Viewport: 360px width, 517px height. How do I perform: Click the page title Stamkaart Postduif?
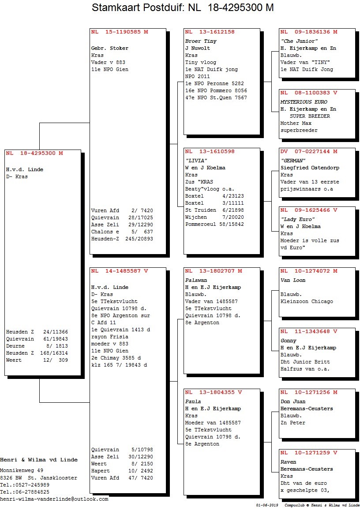pos(138,7)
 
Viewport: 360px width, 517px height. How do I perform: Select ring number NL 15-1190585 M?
pos(120,32)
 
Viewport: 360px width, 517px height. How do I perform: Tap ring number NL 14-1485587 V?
pos(120,271)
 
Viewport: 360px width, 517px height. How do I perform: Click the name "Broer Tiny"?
pos(201,41)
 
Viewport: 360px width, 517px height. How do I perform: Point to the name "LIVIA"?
pos(196,161)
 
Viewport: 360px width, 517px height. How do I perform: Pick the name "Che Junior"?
pos(299,41)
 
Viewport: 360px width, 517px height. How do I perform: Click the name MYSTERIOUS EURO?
pos(304,102)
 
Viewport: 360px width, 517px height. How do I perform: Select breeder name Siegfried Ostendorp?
pos(310,168)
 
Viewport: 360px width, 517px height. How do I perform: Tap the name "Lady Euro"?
pos(298,219)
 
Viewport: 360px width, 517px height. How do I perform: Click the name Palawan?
pos(196,280)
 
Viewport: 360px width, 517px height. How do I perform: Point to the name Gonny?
pos(289,341)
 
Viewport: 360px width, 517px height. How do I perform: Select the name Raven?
pos(289,462)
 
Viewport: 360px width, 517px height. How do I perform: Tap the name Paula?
pos(193,401)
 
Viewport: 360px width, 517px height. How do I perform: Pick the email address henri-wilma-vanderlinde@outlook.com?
pos(54,499)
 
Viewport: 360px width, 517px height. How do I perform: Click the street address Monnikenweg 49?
pos(22,471)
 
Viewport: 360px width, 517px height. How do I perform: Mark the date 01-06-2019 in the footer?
pos(267,506)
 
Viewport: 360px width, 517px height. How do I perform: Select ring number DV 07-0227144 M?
pos(309,152)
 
